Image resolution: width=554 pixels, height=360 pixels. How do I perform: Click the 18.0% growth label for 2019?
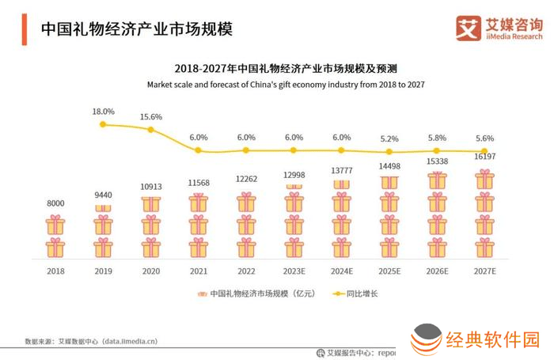pos(104,112)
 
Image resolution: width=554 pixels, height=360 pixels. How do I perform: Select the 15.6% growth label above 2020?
pos(151,117)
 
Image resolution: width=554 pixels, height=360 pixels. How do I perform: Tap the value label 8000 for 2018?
pos(55,203)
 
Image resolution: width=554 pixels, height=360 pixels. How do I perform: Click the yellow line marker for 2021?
pos(199,150)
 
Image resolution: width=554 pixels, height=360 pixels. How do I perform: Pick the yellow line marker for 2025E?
pos(389,152)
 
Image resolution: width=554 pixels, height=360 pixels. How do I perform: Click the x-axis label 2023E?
pos(294,271)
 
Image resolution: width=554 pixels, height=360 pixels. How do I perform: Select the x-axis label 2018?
pos(55,271)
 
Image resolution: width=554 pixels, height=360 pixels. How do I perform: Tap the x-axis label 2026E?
pos(437,271)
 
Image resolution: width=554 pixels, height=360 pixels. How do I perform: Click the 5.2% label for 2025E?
pos(389,138)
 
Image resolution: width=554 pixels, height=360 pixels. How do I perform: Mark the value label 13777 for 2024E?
pos(342,170)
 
